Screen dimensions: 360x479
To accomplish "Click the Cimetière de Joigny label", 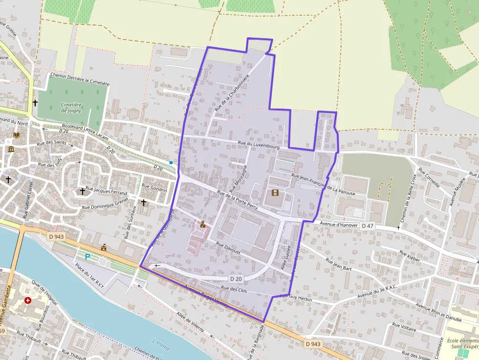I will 71,107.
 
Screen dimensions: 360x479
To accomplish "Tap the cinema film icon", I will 275,192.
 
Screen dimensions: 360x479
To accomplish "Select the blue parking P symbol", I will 88,256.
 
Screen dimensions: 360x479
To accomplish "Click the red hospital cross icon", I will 28,300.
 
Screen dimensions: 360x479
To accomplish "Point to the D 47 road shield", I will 368,226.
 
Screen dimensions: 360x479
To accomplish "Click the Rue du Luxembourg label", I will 258,145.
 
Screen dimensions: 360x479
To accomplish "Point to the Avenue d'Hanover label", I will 339,224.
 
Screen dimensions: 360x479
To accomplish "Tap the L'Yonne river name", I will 161,345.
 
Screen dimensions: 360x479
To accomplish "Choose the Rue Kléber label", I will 410,256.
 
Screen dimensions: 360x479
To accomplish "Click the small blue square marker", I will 171,162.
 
